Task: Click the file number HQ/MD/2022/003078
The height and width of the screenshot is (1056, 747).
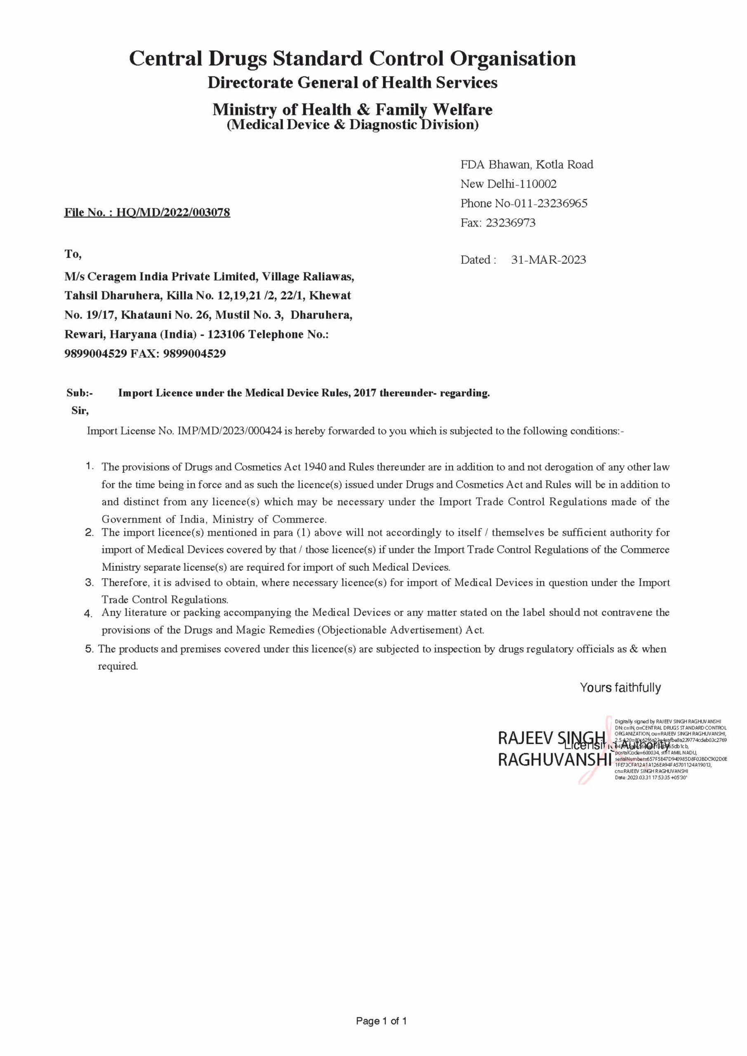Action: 173,212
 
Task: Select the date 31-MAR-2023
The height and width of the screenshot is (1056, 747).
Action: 548,260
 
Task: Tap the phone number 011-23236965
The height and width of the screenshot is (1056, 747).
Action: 547,203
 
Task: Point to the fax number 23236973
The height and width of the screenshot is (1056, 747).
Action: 511,223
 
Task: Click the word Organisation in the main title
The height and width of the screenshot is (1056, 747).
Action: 512,59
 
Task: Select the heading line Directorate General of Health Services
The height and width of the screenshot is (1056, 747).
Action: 352,83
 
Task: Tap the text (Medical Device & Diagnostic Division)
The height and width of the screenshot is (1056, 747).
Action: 352,125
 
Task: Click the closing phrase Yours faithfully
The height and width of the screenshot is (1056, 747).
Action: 620,688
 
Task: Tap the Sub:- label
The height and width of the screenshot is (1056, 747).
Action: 80,393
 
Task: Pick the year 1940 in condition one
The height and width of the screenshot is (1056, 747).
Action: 314,467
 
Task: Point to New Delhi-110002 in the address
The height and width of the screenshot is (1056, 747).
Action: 508,184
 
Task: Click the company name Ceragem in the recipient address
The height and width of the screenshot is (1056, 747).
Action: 108,277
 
